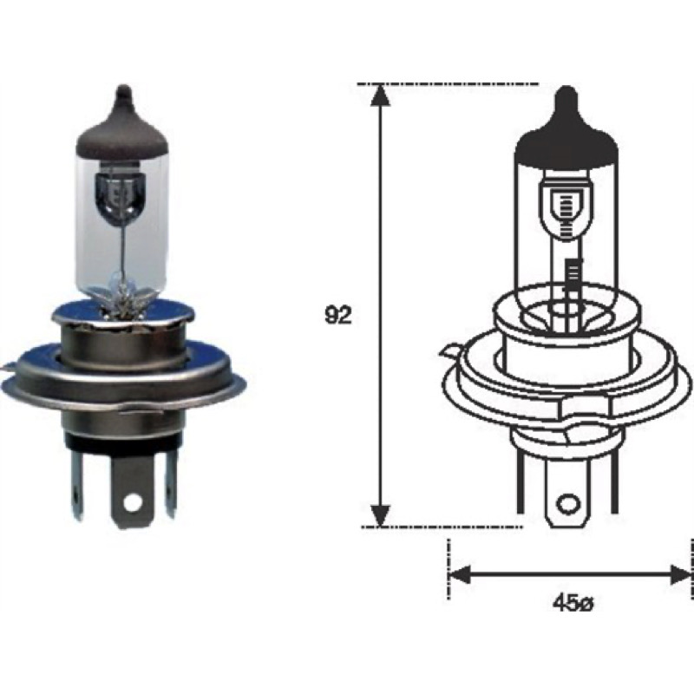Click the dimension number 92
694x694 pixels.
click(338, 316)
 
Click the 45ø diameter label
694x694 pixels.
click(572, 603)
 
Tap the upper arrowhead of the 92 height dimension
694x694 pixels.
click(380, 95)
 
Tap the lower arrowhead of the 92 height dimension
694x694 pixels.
click(380, 515)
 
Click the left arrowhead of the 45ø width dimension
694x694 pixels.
click(460, 575)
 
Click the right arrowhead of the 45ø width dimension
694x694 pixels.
click(682, 575)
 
